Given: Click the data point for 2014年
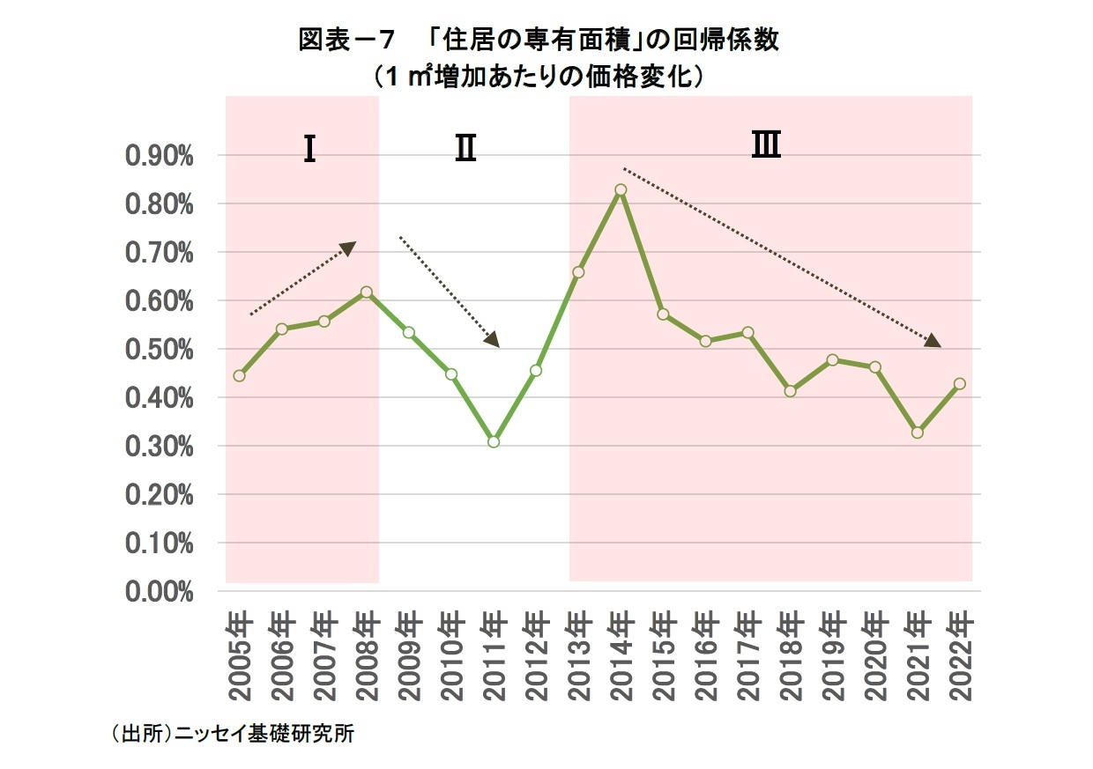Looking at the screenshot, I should pyautogui.click(x=621, y=189).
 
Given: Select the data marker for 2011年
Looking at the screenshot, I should pyautogui.click(x=494, y=441).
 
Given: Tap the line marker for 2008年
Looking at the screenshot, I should pyautogui.click(x=367, y=292).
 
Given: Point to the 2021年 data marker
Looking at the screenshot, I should pyautogui.click(x=917, y=433).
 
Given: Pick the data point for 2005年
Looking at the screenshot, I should pyautogui.click(x=239, y=375).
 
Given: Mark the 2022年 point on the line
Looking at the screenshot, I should pyautogui.click(x=959, y=383).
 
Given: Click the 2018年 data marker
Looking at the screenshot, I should pyautogui.click(x=790, y=390).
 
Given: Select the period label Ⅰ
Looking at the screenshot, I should pyautogui.click(x=309, y=150).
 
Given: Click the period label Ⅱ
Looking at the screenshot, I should pyautogui.click(x=465, y=150).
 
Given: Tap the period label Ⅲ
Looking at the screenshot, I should pyautogui.click(x=765, y=145).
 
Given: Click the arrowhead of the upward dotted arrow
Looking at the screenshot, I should pyautogui.click(x=348, y=248).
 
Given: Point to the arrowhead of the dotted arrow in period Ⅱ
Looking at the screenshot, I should pyautogui.click(x=492, y=340).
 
